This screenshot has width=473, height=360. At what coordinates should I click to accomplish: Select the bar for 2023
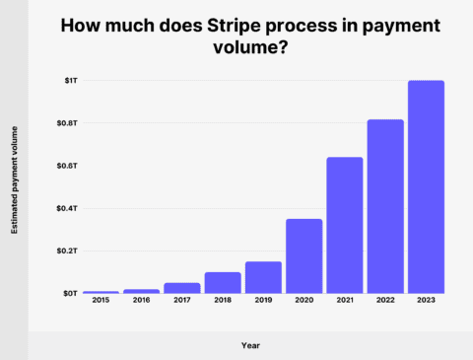pos(426,187)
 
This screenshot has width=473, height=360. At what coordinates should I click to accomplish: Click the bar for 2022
pos(385,206)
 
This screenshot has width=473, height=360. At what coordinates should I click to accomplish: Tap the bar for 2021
pos(345,225)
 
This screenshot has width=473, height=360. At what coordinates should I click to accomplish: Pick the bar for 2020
pos(304,255)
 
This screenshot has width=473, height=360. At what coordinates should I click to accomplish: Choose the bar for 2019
pos(263,277)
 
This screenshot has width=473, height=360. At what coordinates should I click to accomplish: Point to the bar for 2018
pos(223,282)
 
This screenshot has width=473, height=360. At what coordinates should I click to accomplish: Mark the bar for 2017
pos(182,288)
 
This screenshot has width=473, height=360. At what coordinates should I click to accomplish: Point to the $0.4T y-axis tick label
pos(62,208)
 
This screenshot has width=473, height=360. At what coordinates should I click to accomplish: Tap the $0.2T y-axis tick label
pos(62,251)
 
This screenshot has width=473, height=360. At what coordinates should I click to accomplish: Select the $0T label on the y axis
pos(66,293)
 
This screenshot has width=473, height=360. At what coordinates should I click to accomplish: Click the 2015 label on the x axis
pos(101,302)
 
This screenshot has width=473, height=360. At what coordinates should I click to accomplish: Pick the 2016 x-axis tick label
pos(141,302)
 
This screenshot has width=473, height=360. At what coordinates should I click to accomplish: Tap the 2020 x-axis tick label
pos(304,302)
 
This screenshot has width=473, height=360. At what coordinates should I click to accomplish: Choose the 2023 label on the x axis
pos(426,302)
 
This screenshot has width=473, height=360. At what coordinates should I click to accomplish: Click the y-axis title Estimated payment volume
pos(14,186)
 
